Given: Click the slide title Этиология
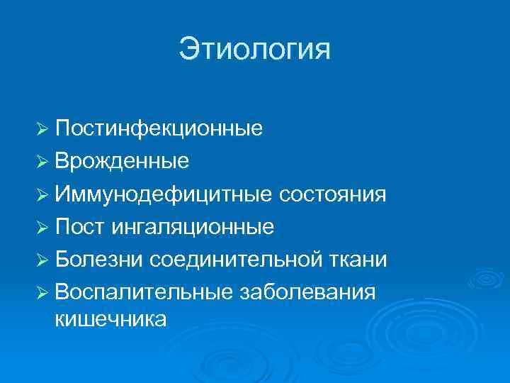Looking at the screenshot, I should click(254, 50).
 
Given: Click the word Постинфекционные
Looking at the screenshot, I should click(159, 128).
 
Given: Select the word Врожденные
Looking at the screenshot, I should click(121, 161).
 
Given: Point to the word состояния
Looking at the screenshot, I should click(334, 194).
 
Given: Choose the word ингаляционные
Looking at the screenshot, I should click(191, 226).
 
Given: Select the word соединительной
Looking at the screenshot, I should click(240, 259).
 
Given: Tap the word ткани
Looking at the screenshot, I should click(362, 259).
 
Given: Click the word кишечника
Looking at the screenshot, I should click(110, 319).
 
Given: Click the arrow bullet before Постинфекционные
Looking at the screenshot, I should click(42, 129).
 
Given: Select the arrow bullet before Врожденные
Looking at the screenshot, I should click(42, 162).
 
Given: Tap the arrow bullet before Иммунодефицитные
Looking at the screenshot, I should click(42, 194).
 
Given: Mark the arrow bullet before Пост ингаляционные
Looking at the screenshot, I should click(42, 227).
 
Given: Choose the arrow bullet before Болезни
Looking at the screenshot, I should click(42, 260).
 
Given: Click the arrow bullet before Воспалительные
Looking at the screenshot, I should click(42, 292).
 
